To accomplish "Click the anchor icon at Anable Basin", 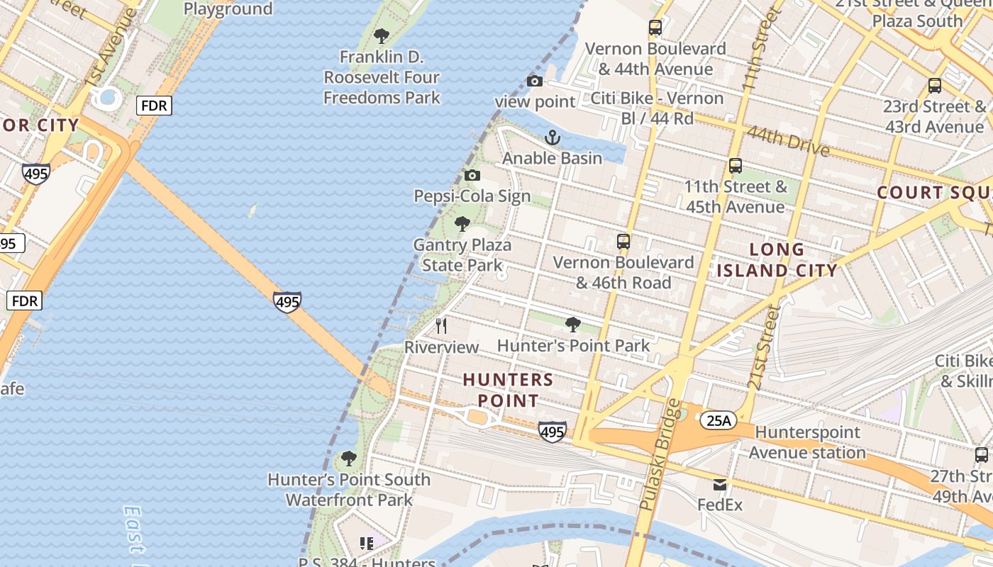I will (x=552, y=137).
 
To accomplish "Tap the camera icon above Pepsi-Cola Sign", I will (x=472, y=176).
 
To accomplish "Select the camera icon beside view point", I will (x=535, y=82).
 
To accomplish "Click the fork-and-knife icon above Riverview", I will (x=441, y=326).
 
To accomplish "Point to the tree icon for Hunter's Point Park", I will (x=572, y=325).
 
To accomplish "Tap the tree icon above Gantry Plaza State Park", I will (x=462, y=225).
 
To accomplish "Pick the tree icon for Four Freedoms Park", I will (x=382, y=36).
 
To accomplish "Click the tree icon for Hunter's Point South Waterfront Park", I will (x=348, y=459).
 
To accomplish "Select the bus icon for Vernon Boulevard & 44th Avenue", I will (x=655, y=28).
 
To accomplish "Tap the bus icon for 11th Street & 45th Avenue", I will (x=736, y=166).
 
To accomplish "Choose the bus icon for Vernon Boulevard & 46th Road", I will (x=623, y=242).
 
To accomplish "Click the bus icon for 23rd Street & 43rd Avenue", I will (x=935, y=86).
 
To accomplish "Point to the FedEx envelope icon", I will (x=720, y=485).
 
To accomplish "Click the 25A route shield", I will (x=718, y=421).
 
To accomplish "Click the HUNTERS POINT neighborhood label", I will (x=508, y=391).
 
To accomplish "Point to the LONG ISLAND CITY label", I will (x=777, y=259).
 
